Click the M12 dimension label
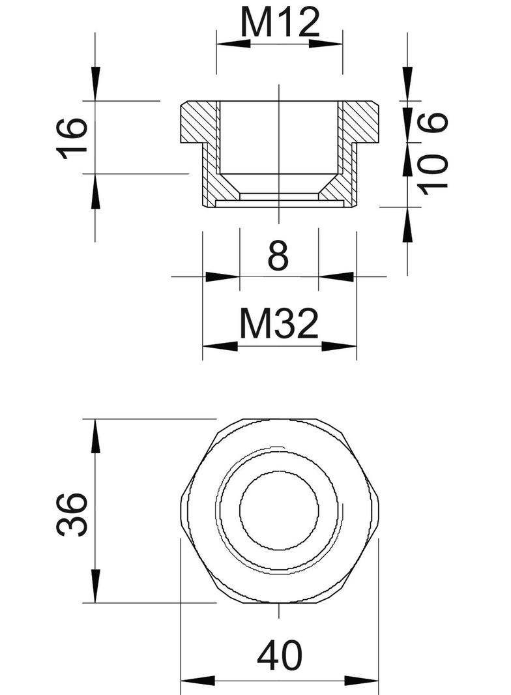280,23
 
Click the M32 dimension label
280,324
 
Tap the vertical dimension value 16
72,138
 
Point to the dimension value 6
435,122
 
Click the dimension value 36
72,514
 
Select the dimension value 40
280,657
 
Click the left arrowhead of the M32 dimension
220,346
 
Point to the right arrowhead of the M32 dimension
340,346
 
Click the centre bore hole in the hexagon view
279,510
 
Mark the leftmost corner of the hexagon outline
180,510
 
